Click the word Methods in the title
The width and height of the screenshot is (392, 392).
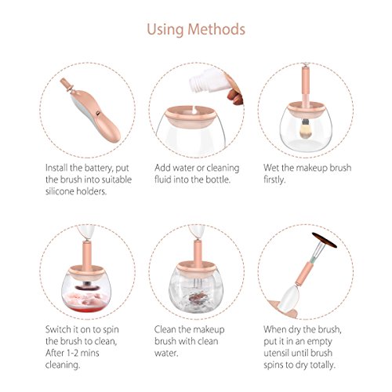tap(216, 29)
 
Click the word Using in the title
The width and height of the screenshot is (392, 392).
tap(165, 30)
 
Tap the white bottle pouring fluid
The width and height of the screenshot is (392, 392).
tap(209, 80)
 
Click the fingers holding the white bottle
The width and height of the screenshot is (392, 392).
tap(234, 90)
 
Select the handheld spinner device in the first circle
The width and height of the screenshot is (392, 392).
tap(91, 111)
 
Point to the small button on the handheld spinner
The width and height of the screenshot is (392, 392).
tap(98, 113)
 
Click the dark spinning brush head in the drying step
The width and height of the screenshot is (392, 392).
tap(325, 240)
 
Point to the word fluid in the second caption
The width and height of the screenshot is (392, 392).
tap(162, 180)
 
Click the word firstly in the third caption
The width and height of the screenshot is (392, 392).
tap(274, 180)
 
